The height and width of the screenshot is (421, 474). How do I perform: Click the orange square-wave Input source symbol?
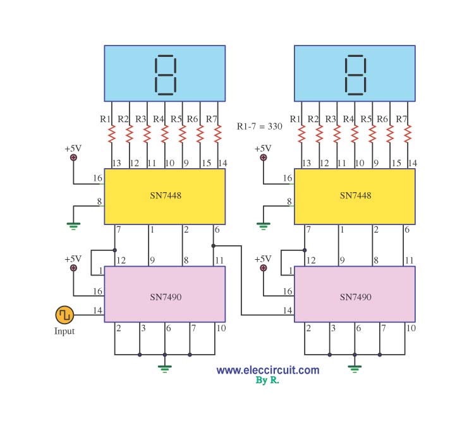click(64, 314)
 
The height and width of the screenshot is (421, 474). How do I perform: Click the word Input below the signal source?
click(64, 331)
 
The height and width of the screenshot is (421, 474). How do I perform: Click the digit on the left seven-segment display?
click(165, 75)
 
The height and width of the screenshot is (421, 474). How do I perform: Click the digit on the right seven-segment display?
click(355, 75)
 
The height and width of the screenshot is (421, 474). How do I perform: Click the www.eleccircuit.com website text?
click(267, 370)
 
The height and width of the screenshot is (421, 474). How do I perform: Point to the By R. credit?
click(267, 381)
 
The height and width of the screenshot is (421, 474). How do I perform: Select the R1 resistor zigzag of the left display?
click(112, 135)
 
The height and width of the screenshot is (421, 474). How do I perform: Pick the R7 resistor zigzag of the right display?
click(408, 135)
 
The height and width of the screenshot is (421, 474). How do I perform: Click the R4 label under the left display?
click(158, 119)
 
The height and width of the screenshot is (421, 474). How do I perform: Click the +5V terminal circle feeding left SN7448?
click(73, 158)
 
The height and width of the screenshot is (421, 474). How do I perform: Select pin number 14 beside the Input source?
click(98, 310)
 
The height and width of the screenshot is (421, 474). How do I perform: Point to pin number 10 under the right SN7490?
click(411, 327)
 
